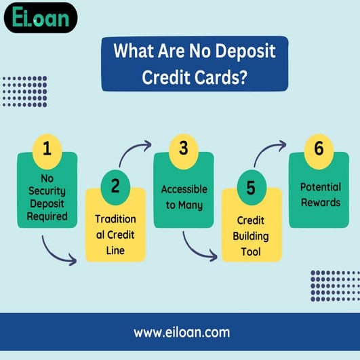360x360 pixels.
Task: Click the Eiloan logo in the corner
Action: [40, 18]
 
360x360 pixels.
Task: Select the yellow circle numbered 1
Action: [47, 148]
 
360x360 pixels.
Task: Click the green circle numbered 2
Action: [115, 185]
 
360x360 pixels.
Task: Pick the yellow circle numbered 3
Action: [183, 148]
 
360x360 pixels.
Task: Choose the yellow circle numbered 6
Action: [319, 148]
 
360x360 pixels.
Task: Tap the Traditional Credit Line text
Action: [115, 235]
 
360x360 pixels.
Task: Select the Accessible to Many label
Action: [184, 197]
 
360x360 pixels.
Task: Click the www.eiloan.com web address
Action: [180, 332]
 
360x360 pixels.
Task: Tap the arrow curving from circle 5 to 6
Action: [270, 153]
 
